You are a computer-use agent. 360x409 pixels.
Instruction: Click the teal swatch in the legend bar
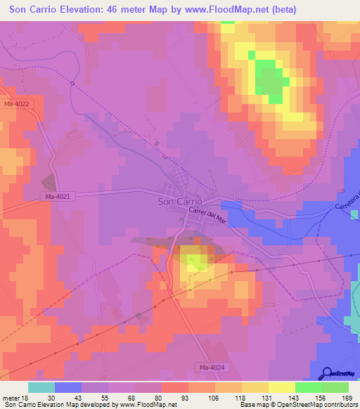pos(41,387)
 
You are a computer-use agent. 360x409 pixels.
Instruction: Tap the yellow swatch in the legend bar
pos(282,387)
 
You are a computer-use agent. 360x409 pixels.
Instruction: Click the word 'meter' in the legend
pos(10,397)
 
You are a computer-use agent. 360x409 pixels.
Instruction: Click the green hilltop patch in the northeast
pos(269,79)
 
